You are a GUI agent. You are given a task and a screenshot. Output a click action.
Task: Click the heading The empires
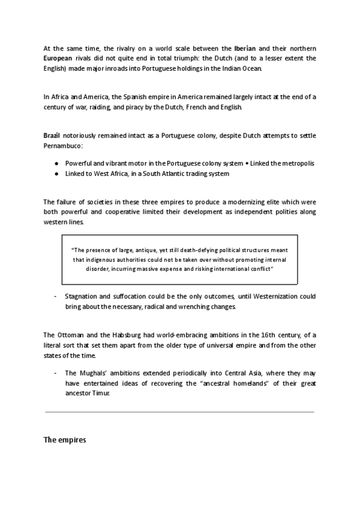tap(65, 440)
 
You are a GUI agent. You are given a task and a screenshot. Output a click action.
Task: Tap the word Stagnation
tap(83, 297)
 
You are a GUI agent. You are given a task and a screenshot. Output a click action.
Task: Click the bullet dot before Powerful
tap(56, 163)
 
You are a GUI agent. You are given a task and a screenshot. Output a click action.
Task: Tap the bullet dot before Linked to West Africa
tap(56, 173)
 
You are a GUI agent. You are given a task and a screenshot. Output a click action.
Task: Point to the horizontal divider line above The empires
tap(179, 412)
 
